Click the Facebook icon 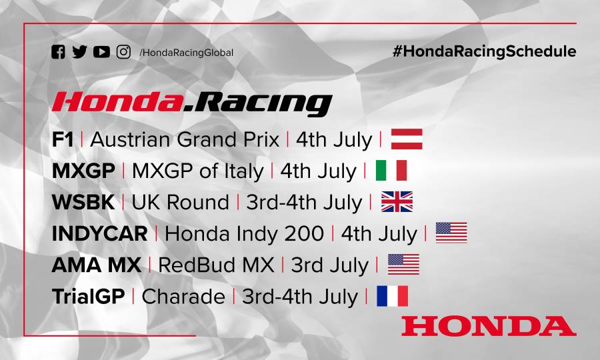tap(58, 52)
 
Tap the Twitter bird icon tap(79, 52)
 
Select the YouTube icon tap(101, 52)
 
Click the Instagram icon tap(123, 52)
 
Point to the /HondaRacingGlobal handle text tap(187, 53)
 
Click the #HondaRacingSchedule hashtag tap(484, 51)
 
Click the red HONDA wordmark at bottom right tap(488, 326)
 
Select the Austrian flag tap(407, 139)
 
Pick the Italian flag tap(391, 171)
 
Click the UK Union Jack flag tap(397, 202)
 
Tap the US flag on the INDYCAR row tap(451, 233)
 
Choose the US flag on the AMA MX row tap(403, 265)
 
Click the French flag tap(392, 296)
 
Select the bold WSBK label tap(83, 203)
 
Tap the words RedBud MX tap(217, 265)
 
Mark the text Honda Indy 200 tap(244, 234)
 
